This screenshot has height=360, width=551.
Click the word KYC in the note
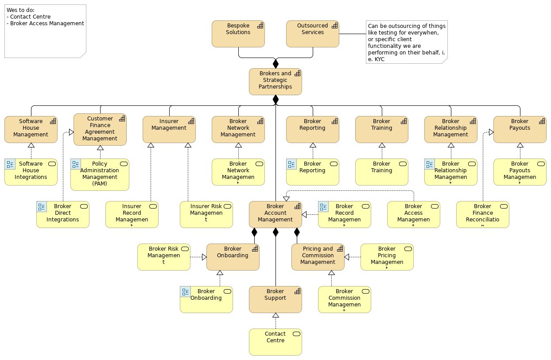coord(379,59)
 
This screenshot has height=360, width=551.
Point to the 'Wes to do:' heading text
coord(20,10)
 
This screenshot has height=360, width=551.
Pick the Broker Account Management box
coord(275,214)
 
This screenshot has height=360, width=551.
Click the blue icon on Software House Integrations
coord(10,164)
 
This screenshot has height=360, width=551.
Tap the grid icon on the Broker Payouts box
coord(542,121)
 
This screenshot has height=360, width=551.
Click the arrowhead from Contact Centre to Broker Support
coord(275,315)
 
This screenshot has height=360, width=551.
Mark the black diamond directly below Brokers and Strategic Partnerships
coord(275,99)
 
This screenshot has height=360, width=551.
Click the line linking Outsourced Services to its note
coord(352,34)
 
